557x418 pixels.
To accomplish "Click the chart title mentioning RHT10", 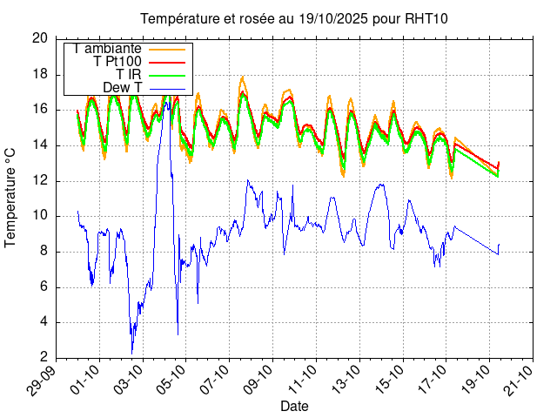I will pyautogui.click(x=288, y=19).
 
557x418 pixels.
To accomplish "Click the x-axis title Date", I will pyautogui.click(x=294, y=406).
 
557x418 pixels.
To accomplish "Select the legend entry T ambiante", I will pyautogui.click(x=107, y=49).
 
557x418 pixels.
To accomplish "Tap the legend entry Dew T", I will pyautogui.click(x=122, y=88).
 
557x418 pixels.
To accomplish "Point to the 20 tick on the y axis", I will pyautogui.click(x=39, y=38).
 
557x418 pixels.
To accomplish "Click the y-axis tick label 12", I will pyautogui.click(x=39, y=181).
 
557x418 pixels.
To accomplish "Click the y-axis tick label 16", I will pyautogui.click(x=39, y=110).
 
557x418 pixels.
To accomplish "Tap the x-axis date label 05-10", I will pyautogui.click(x=171, y=380).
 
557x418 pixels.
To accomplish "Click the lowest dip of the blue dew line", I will pyautogui.click(x=132, y=352).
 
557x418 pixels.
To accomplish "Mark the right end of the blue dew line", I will pyautogui.click(x=500, y=245).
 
